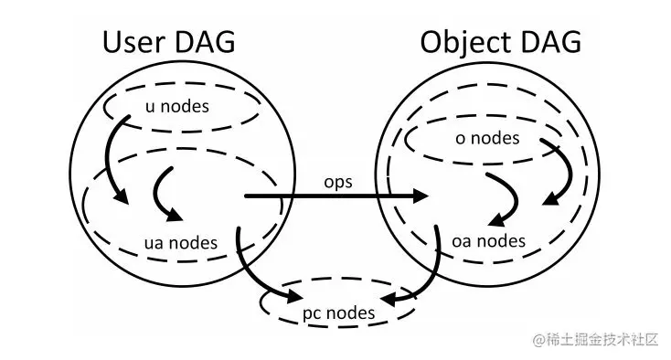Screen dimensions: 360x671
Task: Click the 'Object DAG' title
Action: [x=500, y=42]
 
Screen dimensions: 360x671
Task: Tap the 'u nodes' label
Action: [x=177, y=106]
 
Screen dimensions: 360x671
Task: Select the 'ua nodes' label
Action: [x=182, y=242]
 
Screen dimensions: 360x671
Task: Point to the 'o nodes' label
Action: [x=487, y=138]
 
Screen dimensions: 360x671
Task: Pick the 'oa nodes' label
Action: [x=489, y=241]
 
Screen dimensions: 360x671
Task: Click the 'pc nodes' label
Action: [x=338, y=312]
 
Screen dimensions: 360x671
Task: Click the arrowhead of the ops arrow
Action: [x=422, y=196]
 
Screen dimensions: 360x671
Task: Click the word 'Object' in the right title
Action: [x=465, y=42]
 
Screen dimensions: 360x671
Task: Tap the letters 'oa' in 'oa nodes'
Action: [x=463, y=241]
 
